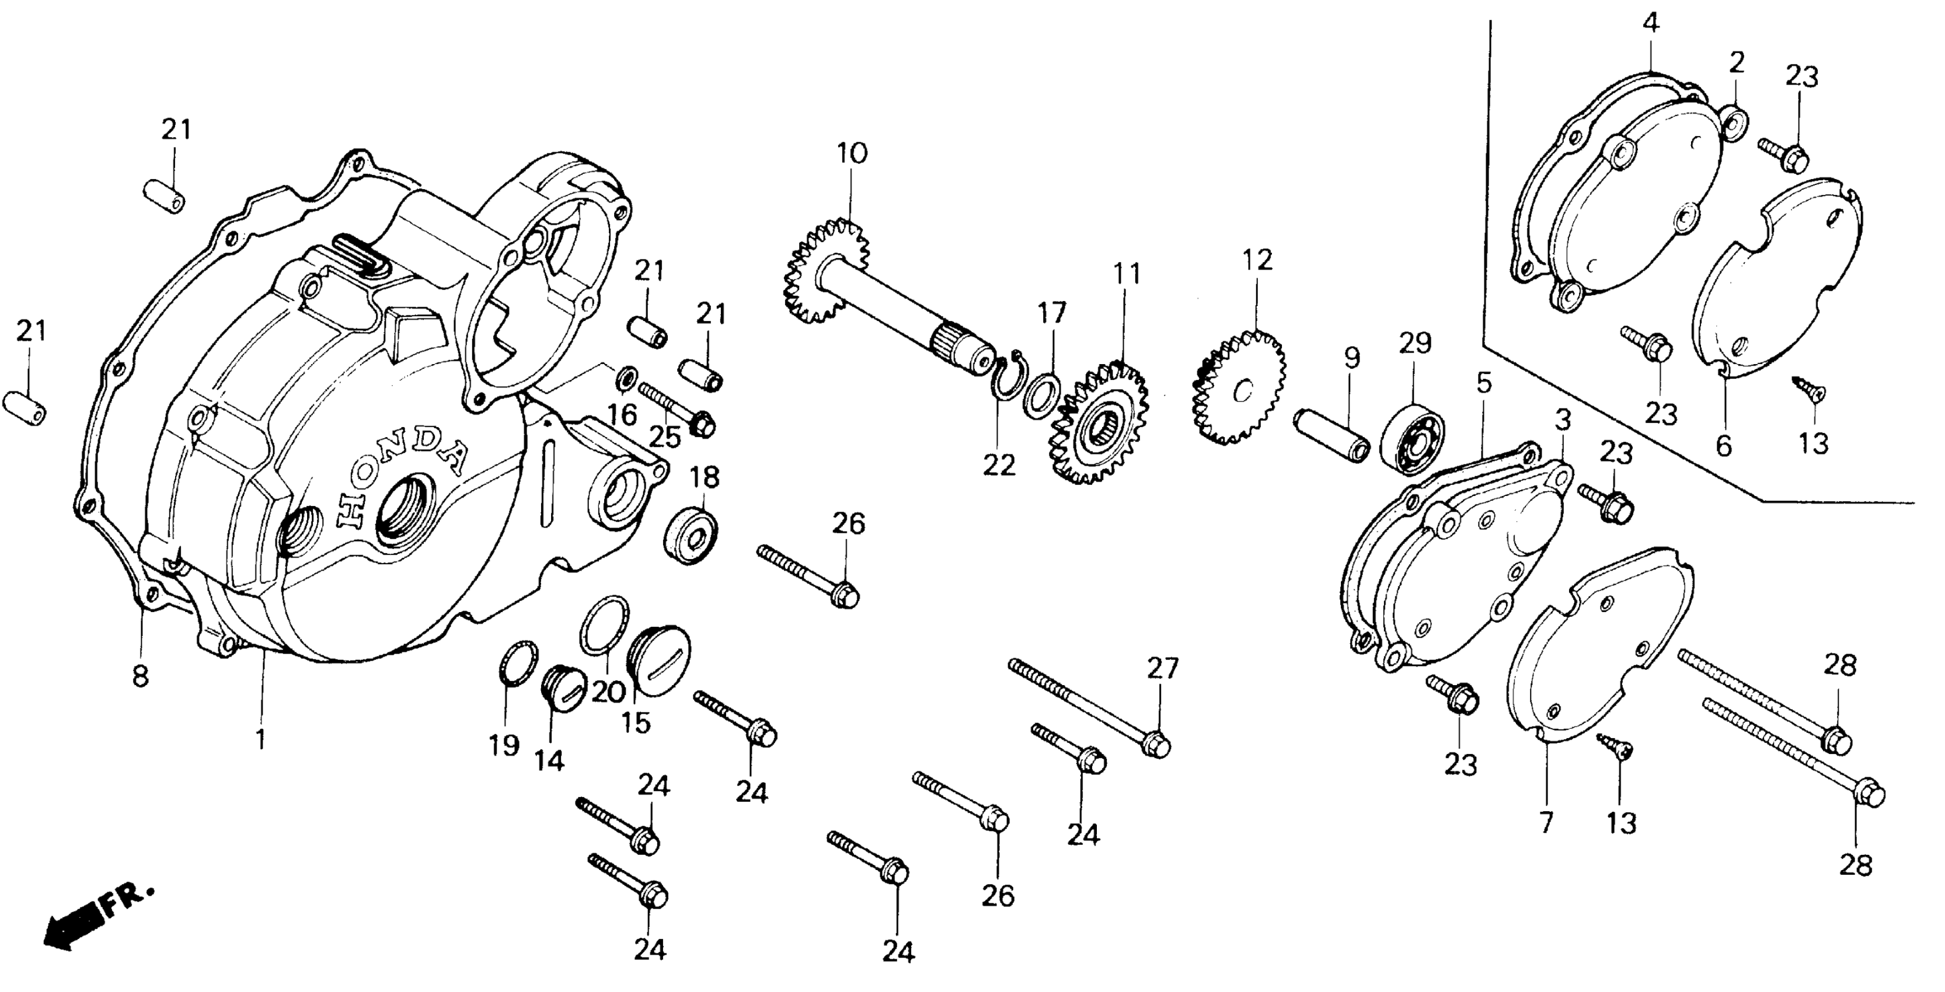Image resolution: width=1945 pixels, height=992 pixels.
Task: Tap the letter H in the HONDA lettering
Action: pos(350,511)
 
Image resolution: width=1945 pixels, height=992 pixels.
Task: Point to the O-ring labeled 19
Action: pos(519,663)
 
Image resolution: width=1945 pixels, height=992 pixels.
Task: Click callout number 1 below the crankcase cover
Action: pos(260,739)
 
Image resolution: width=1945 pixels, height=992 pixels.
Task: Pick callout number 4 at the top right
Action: pos(1651,23)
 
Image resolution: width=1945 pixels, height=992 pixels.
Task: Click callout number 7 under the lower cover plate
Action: pos(1546,822)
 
